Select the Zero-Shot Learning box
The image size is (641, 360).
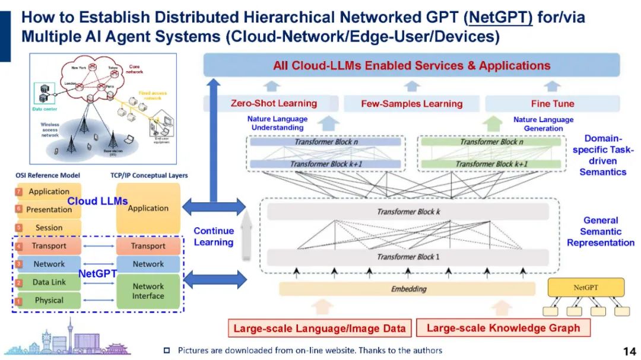coord(274,104)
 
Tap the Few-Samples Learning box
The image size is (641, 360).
coord(411,104)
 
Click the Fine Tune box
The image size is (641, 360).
coord(552,104)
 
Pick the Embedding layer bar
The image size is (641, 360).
coord(409,289)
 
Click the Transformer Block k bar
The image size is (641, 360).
coord(409,212)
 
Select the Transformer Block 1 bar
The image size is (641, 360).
coord(409,257)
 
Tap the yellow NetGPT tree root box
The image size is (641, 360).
coord(585,288)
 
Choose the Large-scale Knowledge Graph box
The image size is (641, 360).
coord(503,328)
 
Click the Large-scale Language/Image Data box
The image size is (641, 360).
coord(319,328)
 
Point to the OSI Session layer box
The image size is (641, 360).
coord(48,227)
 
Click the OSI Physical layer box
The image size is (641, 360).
coord(48,300)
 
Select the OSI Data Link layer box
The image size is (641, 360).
coord(48,282)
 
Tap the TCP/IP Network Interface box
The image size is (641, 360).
coord(148,291)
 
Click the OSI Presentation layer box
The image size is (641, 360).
coord(48,209)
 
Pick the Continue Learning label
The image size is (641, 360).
coord(214,237)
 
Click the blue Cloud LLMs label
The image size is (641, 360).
coord(97,201)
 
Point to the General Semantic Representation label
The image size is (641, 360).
coord(600,231)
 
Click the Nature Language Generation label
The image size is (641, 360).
coord(543,124)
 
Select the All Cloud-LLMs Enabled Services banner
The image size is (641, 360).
coord(411,65)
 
